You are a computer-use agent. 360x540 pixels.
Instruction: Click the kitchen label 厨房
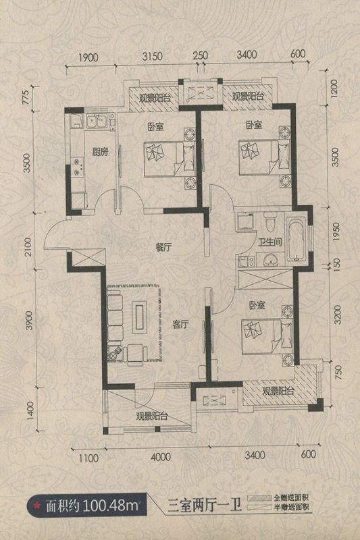click(100, 152)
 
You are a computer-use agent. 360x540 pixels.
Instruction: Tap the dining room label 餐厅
click(164, 247)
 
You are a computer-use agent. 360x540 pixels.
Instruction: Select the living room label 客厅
click(180, 324)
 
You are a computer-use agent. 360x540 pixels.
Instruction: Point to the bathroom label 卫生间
click(270, 242)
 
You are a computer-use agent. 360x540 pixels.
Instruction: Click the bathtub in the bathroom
click(297, 239)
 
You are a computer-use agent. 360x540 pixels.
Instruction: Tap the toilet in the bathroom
click(270, 224)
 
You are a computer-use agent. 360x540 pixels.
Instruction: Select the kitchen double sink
click(96, 122)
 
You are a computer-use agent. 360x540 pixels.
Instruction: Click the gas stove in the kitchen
click(77, 167)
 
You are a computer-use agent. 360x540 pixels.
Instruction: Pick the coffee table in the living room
click(140, 317)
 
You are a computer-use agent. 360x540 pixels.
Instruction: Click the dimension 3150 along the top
click(152, 56)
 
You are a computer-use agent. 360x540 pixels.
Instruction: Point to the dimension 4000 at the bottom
click(161, 457)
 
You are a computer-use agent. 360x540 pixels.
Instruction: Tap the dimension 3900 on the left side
click(29, 320)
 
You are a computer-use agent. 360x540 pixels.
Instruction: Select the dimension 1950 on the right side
click(336, 232)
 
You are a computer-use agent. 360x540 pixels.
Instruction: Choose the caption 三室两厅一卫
click(204, 506)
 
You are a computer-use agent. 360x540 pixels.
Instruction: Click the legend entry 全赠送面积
click(290, 498)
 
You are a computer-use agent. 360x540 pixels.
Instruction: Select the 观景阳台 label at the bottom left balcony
click(151, 416)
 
